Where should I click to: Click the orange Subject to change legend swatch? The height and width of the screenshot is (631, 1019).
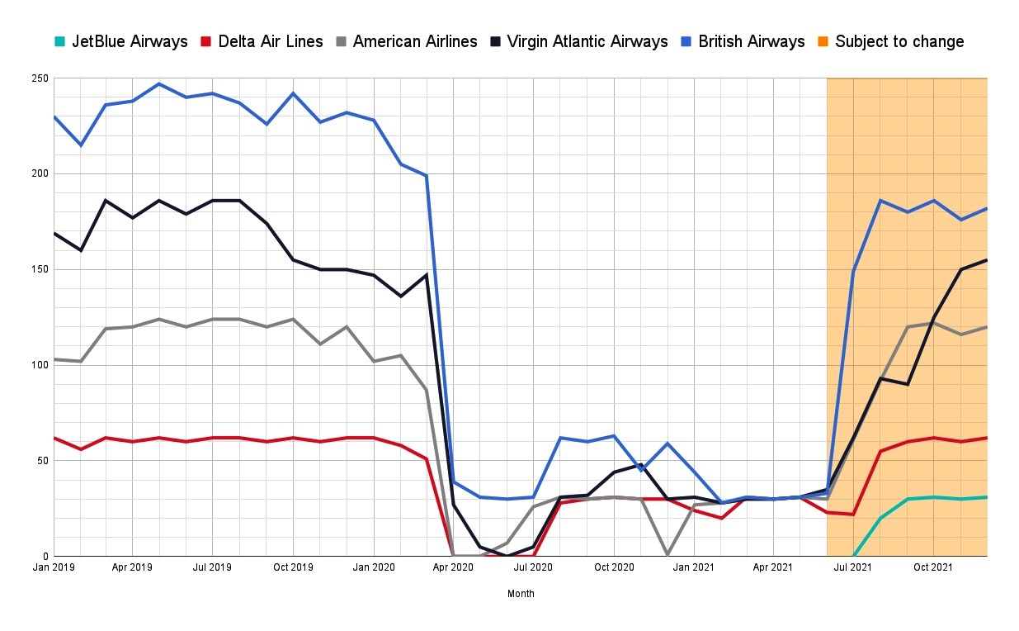click(x=825, y=41)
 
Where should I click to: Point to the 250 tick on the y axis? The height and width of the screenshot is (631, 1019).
click(x=40, y=78)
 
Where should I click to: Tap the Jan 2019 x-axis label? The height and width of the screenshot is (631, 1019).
click(x=54, y=567)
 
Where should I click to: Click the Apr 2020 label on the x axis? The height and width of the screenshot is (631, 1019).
click(x=454, y=567)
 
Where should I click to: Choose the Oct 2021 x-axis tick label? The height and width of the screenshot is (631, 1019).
click(x=933, y=567)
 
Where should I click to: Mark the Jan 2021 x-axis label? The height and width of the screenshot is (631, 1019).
click(x=694, y=567)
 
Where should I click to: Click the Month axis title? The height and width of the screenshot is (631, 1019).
click(x=521, y=593)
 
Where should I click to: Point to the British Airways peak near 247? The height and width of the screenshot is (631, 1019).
click(x=159, y=84)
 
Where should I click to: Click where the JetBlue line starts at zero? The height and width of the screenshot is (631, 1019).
click(x=854, y=555)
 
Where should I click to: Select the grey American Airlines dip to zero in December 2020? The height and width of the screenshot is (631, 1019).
click(x=668, y=555)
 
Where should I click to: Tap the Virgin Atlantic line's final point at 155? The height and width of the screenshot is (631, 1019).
click(x=987, y=260)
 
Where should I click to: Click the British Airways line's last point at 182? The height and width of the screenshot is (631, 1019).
click(x=987, y=208)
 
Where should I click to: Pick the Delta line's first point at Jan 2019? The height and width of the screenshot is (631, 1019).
click(x=54, y=438)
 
